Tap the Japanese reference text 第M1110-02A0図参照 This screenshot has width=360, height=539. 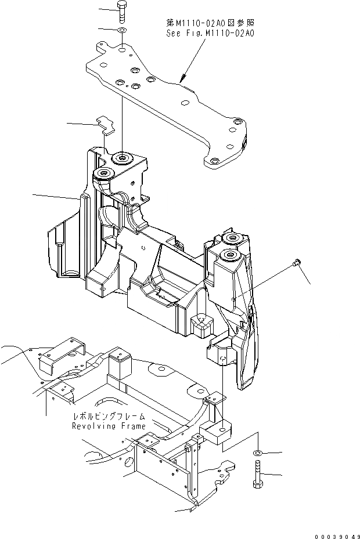pos(210,23)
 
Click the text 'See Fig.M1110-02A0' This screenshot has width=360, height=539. pos(210,33)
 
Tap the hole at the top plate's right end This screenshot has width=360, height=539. pos(236,122)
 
